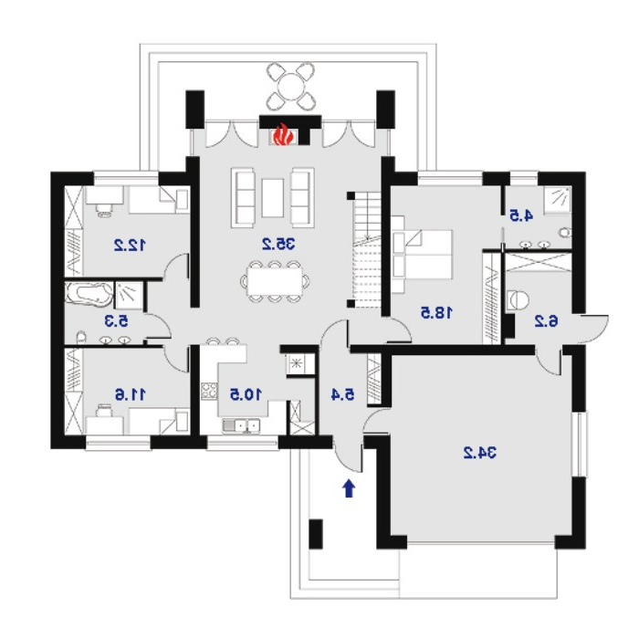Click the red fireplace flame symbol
pos(281,135)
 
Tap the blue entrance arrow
pos(348,488)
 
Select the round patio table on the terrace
pos(290,87)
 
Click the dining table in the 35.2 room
pos(274,281)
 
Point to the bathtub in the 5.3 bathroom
pos(89,294)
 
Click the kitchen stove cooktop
pos(209,392)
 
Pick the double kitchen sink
pos(241,426)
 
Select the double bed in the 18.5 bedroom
pos(422,255)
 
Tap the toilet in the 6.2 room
pos(519,300)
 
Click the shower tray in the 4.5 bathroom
pos(558,200)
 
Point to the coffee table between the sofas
pos(273,198)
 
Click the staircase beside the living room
pos(367,250)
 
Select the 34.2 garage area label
pos(479,453)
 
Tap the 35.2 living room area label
pos(278,244)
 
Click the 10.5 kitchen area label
pos(246,394)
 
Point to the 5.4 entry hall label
pos(342,394)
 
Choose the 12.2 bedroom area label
pos(130,245)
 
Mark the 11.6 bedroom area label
pos(130,394)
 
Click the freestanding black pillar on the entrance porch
pos(316,534)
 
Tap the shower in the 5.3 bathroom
pos(129,294)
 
